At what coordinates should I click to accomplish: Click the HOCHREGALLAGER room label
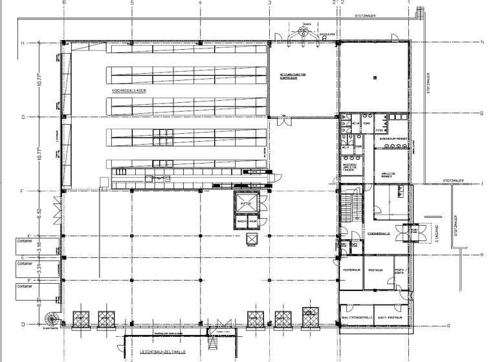129,91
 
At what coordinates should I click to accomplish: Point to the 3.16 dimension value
39,246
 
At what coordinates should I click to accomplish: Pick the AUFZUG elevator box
247,204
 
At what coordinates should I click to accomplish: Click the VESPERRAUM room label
350,270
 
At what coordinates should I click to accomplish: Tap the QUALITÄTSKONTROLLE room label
355,319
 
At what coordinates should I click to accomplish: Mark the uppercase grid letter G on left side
41,117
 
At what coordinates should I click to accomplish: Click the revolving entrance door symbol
411,231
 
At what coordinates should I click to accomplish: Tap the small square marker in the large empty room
375,78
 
